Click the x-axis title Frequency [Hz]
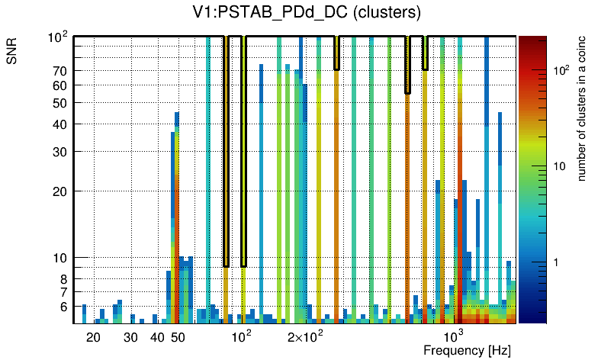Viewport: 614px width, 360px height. (467, 350)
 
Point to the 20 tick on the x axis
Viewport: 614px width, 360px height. (93, 337)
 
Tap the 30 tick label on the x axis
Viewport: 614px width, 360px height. (130, 337)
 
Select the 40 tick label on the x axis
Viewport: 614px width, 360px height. (157, 337)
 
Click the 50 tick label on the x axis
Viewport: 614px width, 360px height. (178, 337)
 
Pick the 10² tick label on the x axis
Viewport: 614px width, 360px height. (241, 336)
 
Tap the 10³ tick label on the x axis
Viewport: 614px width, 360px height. (454, 336)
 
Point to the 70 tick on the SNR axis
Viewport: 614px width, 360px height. (60, 72)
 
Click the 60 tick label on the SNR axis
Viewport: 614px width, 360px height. (60, 85)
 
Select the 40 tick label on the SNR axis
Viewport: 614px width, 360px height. (60, 124)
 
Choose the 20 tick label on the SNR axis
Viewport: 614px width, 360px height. (60, 191)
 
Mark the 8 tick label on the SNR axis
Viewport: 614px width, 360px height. (63, 279)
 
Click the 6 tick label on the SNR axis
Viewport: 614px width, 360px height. (63, 307)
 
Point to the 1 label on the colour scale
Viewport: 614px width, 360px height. (556, 262)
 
